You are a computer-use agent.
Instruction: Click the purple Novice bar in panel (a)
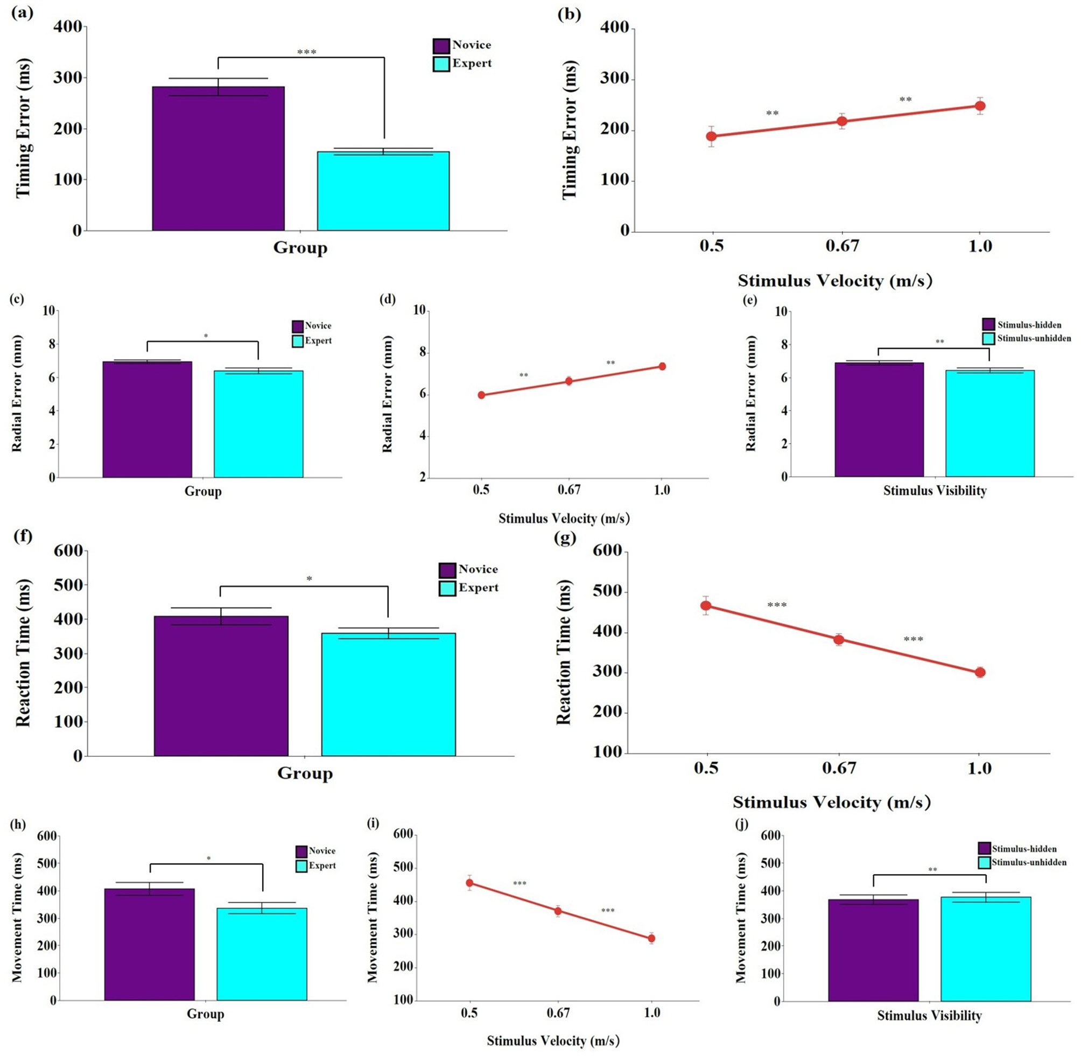click(x=219, y=159)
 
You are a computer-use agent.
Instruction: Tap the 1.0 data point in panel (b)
click(x=980, y=106)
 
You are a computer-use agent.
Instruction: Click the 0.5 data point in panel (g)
click(x=706, y=606)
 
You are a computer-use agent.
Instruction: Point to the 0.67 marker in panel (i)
click(x=558, y=911)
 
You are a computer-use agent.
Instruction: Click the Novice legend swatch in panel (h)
click(x=301, y=851)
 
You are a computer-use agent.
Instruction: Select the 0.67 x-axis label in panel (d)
click(x=568, y=491)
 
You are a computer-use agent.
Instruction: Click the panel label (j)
click(x=742, y=824)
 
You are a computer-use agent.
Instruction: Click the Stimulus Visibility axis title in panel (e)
click(x=935, y=491)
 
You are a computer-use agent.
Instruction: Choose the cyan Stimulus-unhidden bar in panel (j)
click(x=985, y=949)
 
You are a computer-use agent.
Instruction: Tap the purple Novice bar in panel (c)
click(x=147, y=420)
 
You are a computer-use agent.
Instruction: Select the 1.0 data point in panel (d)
click(x=662, y=366)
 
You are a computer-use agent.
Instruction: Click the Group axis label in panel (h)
click(x=205, y=1014)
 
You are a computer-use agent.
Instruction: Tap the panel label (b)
click(x=568, y=15)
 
